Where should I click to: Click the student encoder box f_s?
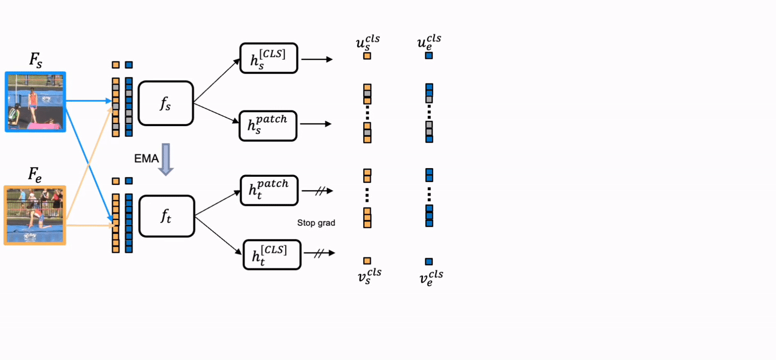click(165, 103)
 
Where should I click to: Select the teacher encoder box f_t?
click(167, 216)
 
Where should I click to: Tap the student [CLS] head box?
click(268, 58)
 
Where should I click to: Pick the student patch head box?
click(268, 126)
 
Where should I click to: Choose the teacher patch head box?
click(269, 190)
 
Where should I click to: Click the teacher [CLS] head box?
click(272, 255)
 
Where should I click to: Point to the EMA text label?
click(146, 158)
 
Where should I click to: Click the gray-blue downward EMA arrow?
click(166, 160)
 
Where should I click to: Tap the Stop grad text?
click(316, 223)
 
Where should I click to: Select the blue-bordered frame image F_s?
click(36, 102)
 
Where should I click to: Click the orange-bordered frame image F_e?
click(35, 216)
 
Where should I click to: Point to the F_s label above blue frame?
click(36, 60)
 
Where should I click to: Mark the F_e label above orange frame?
click(35, 174)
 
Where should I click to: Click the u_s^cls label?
click(368, 43)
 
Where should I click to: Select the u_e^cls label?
click(429, 42)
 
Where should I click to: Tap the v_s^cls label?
click(370, 276)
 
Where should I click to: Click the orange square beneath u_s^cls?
click(367, 56)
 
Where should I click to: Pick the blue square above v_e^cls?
click(429, 261)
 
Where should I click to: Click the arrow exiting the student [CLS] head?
click(317, 59)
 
